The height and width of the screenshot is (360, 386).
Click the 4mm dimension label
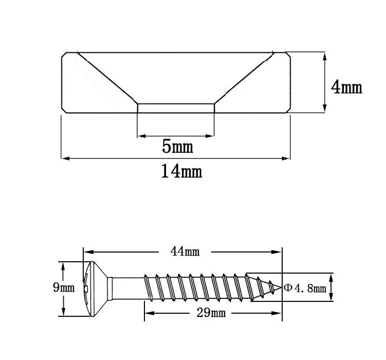[x=346, y=87]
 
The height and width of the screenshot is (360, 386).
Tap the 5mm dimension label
[x=177, y=146]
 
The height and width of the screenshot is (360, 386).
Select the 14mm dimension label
[x=181, y=171]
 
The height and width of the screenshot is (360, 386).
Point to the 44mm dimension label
[x=185, y=251]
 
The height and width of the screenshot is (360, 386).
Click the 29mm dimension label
[x=211, y=313]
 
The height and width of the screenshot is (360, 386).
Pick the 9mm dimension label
[x=64, y=287]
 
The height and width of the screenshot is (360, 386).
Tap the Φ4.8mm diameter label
[x=305, y=288]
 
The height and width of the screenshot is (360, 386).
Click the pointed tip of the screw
[x=281, y=287]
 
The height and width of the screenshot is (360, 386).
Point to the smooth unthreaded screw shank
[x=126, y=289]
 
